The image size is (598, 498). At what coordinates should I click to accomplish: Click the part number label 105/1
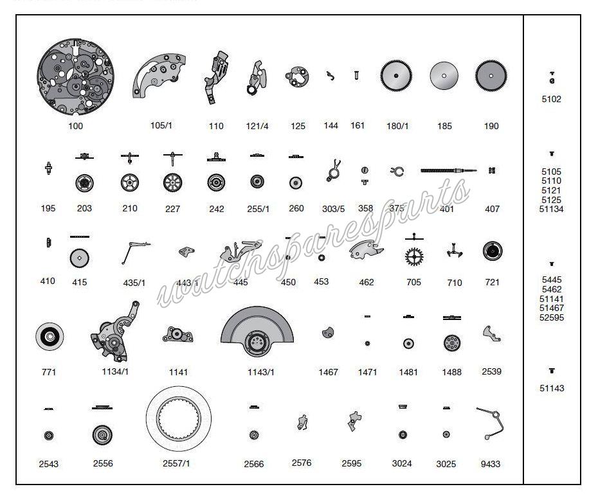[x=161, y=125]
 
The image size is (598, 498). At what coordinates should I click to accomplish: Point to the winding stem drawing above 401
[x=449, y=170]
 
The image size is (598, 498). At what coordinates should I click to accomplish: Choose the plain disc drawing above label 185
[x=444, y=76]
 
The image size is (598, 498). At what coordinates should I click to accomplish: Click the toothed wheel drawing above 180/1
[x=397, y=76]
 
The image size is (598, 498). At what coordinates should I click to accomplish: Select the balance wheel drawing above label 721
[x=492, y=251]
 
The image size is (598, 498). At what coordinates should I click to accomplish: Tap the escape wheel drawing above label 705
[x=414, y=255]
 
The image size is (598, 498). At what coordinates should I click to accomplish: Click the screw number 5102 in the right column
[x=551, y=100]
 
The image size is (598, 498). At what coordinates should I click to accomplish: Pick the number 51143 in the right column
[x=551, y=388]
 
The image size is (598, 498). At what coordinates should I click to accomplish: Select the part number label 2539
[x=491, y=371]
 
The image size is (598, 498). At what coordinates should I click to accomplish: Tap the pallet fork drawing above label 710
[x=455, y=253]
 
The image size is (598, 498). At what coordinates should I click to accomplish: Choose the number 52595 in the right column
[x=551, y=317]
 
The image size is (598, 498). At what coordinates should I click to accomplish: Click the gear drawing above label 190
[x=491, y=76]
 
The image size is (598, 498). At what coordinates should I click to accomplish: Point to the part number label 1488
[x=451, y=372]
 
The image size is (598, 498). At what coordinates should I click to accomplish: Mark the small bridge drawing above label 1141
[x=179, y=335]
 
